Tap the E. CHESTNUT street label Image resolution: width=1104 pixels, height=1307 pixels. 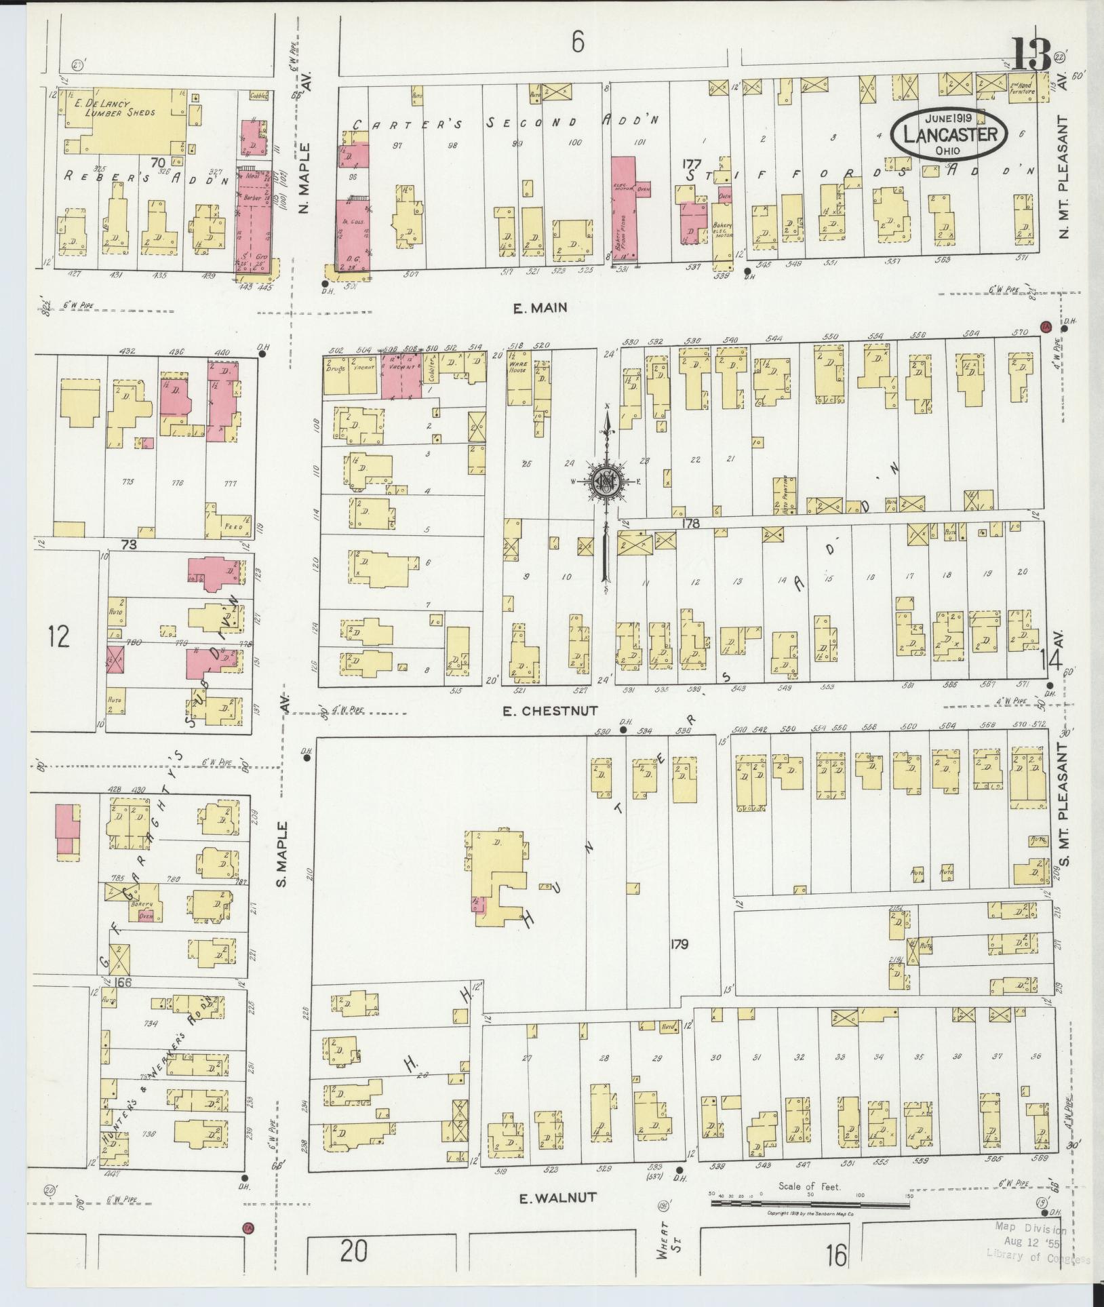[550, 710]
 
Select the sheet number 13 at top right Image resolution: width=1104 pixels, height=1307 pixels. [1030, 55]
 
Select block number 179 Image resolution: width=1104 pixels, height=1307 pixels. [679, 943]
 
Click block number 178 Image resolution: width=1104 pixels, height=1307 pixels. [690, 523]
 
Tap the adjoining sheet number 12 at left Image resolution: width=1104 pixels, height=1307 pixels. [59, 637]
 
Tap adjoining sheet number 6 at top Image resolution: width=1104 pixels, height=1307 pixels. [577, 43]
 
